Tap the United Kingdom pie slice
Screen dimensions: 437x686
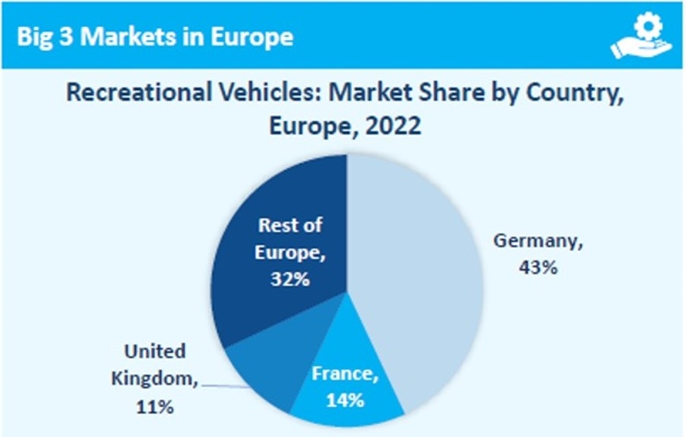click(254, 372)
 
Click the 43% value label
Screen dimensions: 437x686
click(539, 268)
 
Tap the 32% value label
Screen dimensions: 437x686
click(289, 278)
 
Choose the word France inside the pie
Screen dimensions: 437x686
click(346, 373)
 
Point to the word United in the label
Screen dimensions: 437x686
click(154, 351)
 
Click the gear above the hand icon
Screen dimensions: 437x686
click(648, 25)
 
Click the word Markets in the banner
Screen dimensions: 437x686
click(125, 36)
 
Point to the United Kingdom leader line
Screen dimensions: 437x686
click(226, 386)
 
